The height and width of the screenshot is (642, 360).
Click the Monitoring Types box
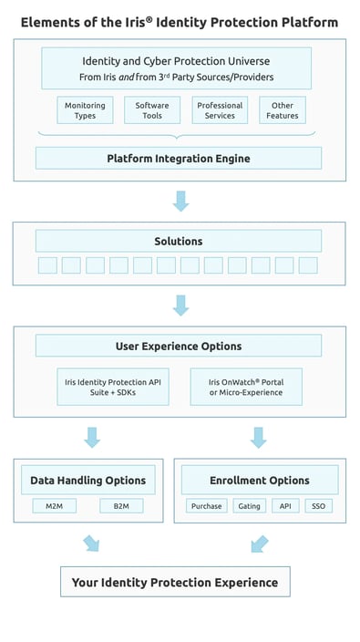coord(85,110)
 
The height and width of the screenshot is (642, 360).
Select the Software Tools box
coord(152,110)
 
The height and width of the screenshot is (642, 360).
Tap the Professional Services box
coord(220,110)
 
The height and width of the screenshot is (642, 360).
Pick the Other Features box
coord(283,110)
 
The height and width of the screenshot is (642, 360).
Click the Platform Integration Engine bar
coord(179,159)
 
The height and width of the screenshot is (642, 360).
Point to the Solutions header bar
coord(179,241)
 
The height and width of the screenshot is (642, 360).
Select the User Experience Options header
coord(179,346)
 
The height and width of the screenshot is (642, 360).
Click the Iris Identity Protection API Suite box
coord(111,386)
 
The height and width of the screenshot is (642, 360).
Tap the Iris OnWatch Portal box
coord(246,386)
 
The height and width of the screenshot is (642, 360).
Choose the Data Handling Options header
coord(87,480)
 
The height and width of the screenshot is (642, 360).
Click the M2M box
coord(55,505)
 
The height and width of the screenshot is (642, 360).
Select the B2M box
coord(121,505)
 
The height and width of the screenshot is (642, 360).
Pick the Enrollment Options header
coord(260,480)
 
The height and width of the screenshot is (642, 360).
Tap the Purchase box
coord(207,505)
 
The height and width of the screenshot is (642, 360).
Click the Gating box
coord(248,505)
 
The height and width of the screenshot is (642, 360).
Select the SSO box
coord(317,505)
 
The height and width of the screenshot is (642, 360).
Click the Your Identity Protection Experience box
coord(175,582)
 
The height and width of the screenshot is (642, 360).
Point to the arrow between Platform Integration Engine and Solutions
coord(180,201)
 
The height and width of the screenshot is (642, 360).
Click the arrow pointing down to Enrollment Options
coord(259,437)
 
